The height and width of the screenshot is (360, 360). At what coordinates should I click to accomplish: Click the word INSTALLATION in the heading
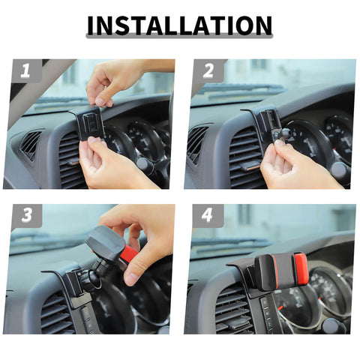click(179, 25)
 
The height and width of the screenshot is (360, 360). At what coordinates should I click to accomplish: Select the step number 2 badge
click(208, 70)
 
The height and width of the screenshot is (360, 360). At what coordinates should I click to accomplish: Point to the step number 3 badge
click(27, 215)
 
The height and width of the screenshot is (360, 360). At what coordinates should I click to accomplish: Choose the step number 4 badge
click(208, 215)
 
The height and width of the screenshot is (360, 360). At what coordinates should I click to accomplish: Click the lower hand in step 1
click(110, 165)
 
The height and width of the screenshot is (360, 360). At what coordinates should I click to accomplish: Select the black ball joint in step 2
click(280, 135)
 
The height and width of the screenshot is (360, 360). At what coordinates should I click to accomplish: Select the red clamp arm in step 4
click(301, 269)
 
